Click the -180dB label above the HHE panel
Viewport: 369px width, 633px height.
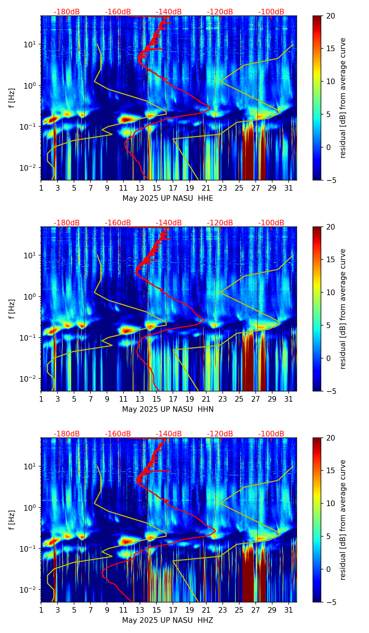[67, 12]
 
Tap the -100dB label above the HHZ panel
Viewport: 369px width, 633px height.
[271, 434]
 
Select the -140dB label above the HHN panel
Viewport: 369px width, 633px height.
[169, 223]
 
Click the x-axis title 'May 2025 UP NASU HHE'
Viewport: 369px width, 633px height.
[168, 198]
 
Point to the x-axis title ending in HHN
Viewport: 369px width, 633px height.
[168, 409]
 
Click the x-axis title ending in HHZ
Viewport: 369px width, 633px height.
[168, 620]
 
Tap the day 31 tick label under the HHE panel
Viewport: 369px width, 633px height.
[289, 188]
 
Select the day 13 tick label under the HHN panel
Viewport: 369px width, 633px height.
[140, 399]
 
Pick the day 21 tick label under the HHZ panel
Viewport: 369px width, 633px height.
[206, 610]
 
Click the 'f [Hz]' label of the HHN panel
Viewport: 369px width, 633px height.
[12, 309]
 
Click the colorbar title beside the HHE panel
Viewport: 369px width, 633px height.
[343, 98]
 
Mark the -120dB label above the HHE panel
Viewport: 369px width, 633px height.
[220, 12]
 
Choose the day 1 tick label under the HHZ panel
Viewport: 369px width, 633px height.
[41, 610]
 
